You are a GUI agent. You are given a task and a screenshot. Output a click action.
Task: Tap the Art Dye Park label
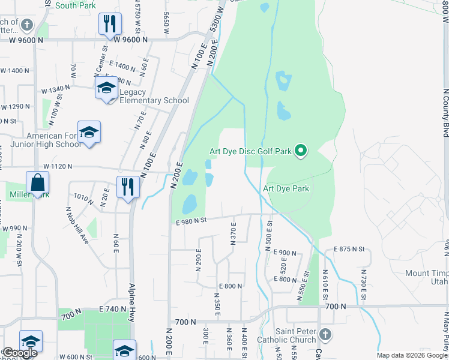point(286,188)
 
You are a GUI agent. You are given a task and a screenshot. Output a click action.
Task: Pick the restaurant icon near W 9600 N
point(109,24)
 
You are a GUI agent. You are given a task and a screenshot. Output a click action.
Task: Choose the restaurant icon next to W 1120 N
point(127,186)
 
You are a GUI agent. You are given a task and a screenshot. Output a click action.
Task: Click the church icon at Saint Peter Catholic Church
point(325,334)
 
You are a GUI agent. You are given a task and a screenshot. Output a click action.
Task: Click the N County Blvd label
point(445,111)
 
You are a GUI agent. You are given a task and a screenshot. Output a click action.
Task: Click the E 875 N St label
point(349,248)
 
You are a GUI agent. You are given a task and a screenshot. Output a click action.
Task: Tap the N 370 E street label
point(234,232)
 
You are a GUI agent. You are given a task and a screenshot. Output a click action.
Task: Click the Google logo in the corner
point(20,353)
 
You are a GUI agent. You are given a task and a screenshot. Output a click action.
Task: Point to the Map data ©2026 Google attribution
point(412,355)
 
